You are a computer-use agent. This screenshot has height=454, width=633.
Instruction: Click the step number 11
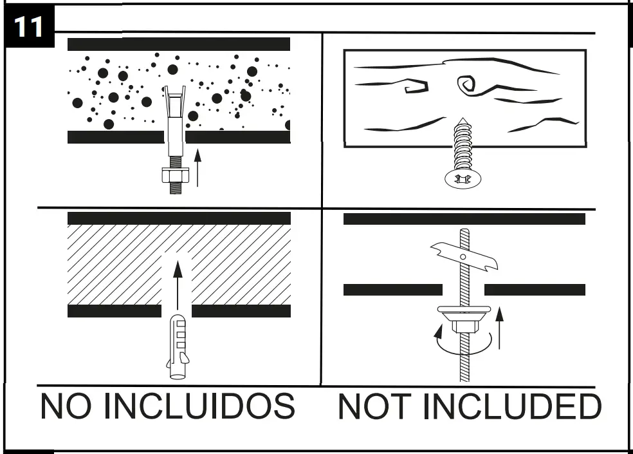coord(29,28)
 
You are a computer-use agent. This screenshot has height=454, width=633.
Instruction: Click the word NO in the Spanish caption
coord(65,406)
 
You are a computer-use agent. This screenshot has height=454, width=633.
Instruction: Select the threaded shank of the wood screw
coord(463,145)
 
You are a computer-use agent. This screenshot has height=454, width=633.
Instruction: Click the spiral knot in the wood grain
coord(466,84)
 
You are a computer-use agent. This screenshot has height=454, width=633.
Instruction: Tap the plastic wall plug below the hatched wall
coord(178,348)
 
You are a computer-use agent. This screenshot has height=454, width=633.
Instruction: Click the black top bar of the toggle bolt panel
coord(464,219)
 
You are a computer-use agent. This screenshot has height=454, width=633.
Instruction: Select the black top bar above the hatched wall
coord(179,218)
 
